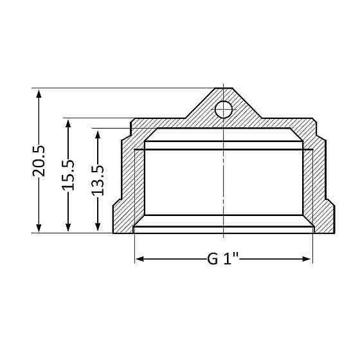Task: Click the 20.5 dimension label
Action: pos(39,161)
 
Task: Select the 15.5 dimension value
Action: pos(68,175)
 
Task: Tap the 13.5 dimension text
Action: pos(97,180)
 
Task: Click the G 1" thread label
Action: pos(223,260)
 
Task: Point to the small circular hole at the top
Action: pos(223,109)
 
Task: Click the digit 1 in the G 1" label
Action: pos(230,260)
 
